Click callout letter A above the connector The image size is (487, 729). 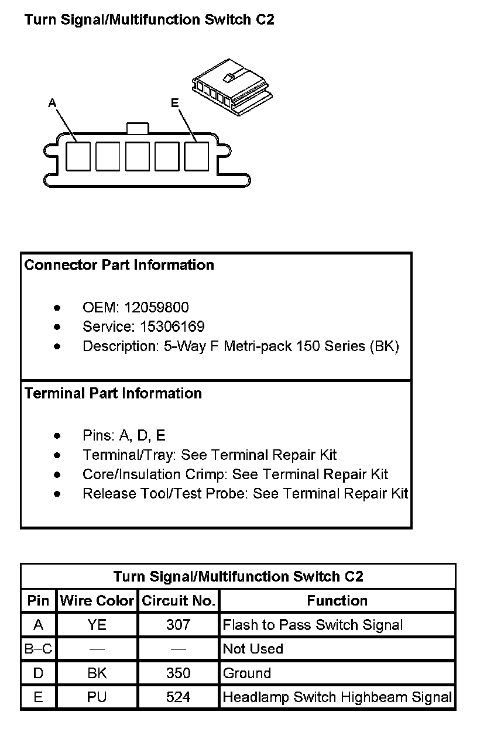pos(52,104)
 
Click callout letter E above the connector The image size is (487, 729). pos(174,103)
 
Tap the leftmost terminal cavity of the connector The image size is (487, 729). pos(78,156)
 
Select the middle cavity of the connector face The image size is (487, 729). pos(138,156)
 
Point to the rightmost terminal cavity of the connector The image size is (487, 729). pos(197,156)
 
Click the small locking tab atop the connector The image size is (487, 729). pos(138,128)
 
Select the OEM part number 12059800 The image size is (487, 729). pos(160,308)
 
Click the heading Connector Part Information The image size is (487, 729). pos(119,265)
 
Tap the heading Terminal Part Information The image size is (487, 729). pos(113,394)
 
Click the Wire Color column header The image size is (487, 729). pos(97,601)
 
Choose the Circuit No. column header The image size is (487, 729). pos(179,601)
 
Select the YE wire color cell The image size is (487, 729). pos(97,625)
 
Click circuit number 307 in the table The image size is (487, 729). pos(179,625)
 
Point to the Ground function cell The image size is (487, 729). pos(247,673)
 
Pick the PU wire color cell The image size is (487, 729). pos(97,697)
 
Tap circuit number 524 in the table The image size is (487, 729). pos(179,697)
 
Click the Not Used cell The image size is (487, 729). pos(253,649)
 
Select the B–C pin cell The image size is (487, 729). pos(39,649)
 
